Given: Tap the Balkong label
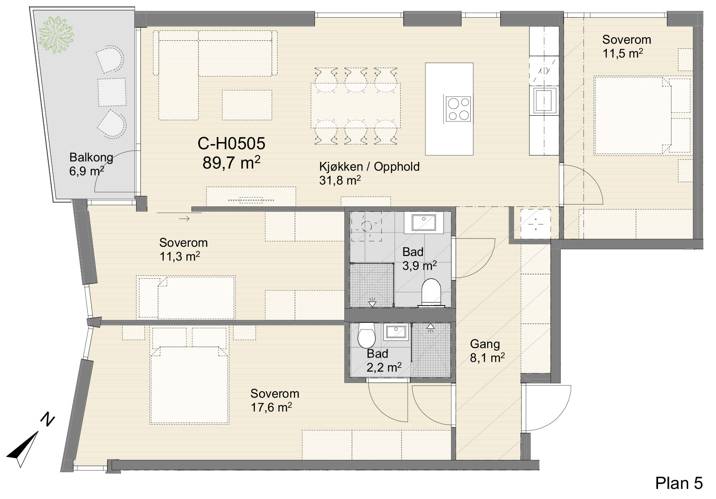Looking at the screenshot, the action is coord(91,158).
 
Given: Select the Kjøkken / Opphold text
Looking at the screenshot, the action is coord(369,166).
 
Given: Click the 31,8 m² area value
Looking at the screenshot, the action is coord(340,180).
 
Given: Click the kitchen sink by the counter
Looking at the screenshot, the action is coord(543,100).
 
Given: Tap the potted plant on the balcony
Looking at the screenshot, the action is coord(56,34).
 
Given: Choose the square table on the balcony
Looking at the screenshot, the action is coord(112,92).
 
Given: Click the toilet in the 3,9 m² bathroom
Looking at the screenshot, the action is coord(431,293).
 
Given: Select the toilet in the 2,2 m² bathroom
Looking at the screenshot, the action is coord(366,335).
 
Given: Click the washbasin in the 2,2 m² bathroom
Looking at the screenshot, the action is coord(396,332).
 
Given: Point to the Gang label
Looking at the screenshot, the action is coord(485,344).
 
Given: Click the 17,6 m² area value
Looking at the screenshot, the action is coord(271,407).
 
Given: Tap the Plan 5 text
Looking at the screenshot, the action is coord(679,483).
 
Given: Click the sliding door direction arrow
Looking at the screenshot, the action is coord(184,219).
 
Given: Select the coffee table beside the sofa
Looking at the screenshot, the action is coord(247,105).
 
